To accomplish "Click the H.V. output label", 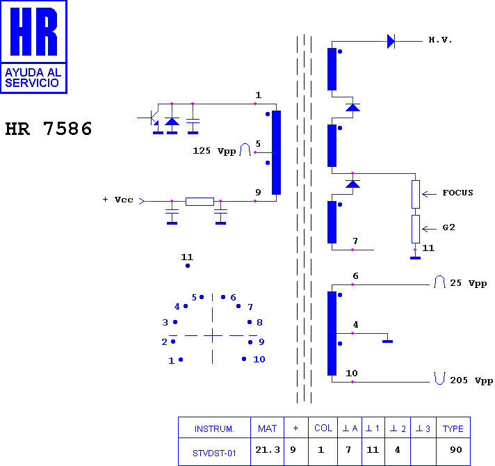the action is tap(440, 40).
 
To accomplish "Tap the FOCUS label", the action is tap(457, 193).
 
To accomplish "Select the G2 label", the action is tap(448, 227).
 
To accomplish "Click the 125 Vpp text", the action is tap(214, 151).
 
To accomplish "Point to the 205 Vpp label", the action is tap(471, 380).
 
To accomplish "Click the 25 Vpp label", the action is tap(468, 283).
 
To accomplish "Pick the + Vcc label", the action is tap(117, 200).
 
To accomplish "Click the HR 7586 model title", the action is tap(49, 129).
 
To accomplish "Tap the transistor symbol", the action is tap(153, 118).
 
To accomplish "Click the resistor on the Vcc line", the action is tap(200, 202).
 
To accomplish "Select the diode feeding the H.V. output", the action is tap(391, 41).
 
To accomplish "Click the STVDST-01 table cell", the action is tap(214, 453).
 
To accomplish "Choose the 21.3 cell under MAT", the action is tap(268, 449).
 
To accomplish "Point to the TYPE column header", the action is tap(453, 428).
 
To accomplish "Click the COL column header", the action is tap(323, 428).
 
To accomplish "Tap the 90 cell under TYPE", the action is tap(456, 449).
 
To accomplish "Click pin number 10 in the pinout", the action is tap(259, 360).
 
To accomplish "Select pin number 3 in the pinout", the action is tap(165, 322).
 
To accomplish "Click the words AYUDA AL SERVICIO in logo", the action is tap(33, 78).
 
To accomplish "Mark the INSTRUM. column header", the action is tap(214, 428).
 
